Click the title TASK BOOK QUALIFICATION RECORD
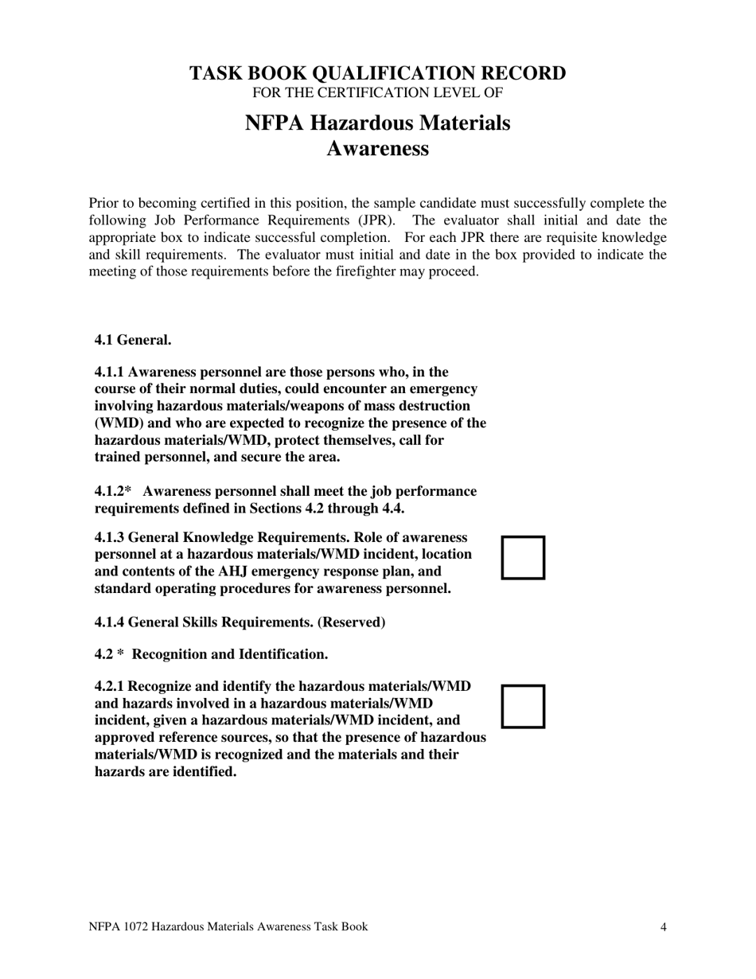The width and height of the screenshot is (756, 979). (x=377, y=73)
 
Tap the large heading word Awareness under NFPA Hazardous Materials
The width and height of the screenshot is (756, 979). (x=377, y=149)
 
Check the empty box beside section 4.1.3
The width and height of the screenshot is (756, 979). (x=523, y=557)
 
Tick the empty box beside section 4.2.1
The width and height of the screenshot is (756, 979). (x=523, y=706)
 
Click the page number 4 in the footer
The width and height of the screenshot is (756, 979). (x=663, y=926)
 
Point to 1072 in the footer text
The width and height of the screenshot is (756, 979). (x=133, y=926)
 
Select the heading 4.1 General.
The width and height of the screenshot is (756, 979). (x=133, y=340)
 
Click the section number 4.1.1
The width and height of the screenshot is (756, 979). (x=109, y=372)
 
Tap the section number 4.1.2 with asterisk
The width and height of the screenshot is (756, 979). (x=112, y=492)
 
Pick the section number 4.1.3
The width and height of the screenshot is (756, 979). (x=109, y=537)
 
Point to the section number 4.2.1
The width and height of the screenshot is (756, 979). (x=109, y=686)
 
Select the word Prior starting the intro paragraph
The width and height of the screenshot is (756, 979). (x=104, y=203)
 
